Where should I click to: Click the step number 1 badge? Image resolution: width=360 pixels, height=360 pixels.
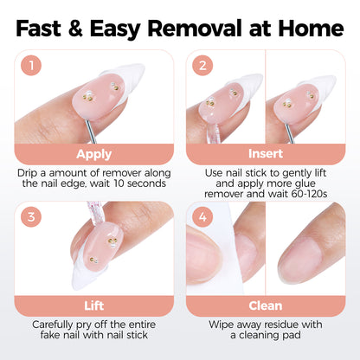coord(31,65)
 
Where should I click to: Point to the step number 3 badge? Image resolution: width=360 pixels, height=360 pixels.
coord(31,217)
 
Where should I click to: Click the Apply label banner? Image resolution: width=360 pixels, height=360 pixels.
coord(93,155)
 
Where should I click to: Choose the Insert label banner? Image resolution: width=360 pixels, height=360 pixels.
coord(265,155)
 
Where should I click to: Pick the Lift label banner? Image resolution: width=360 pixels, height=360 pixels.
coord(93,306)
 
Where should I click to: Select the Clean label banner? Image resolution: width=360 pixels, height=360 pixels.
coord(265,306)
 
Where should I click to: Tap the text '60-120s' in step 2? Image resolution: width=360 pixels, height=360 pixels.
coord(319,198)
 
